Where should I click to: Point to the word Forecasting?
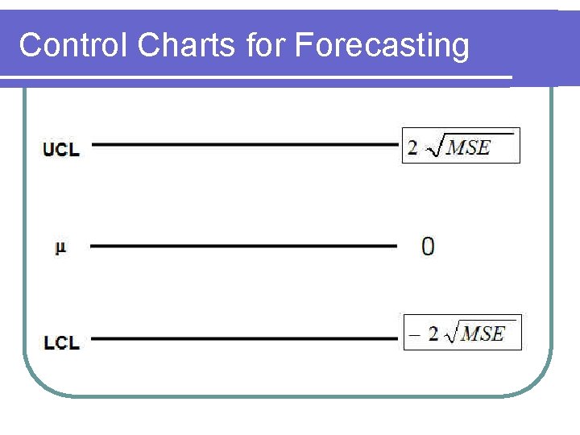coord(382,47)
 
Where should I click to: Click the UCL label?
coord(61,149)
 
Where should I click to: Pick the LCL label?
coord(61,342)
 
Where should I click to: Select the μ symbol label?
coord(60,247)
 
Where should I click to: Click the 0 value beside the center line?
coord(428,246)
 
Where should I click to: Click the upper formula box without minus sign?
coord(461,146)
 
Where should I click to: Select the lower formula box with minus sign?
coord(462,333)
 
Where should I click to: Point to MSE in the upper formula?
coord(469,148)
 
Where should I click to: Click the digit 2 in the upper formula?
coord(413,148)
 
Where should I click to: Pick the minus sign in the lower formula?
coord(414,334)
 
